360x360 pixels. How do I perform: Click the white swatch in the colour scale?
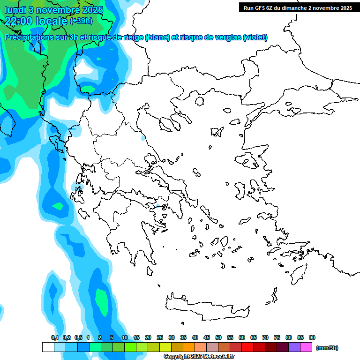[x=48, y=347]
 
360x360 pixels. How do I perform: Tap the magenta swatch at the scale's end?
[x=306, y=347]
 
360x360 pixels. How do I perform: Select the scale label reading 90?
[x=312, y=337]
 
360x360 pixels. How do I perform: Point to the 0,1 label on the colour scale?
[x=55, y=337]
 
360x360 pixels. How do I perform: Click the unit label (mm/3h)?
[x=327, y=348]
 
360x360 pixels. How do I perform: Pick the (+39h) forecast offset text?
[x=81, y=21]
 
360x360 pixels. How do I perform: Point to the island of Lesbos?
[x=250, y=162]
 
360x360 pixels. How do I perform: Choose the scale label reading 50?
[x=218, y=337]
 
